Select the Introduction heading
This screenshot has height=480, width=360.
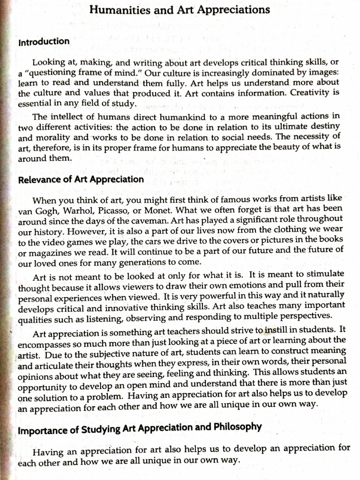(x=44, y=42)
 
